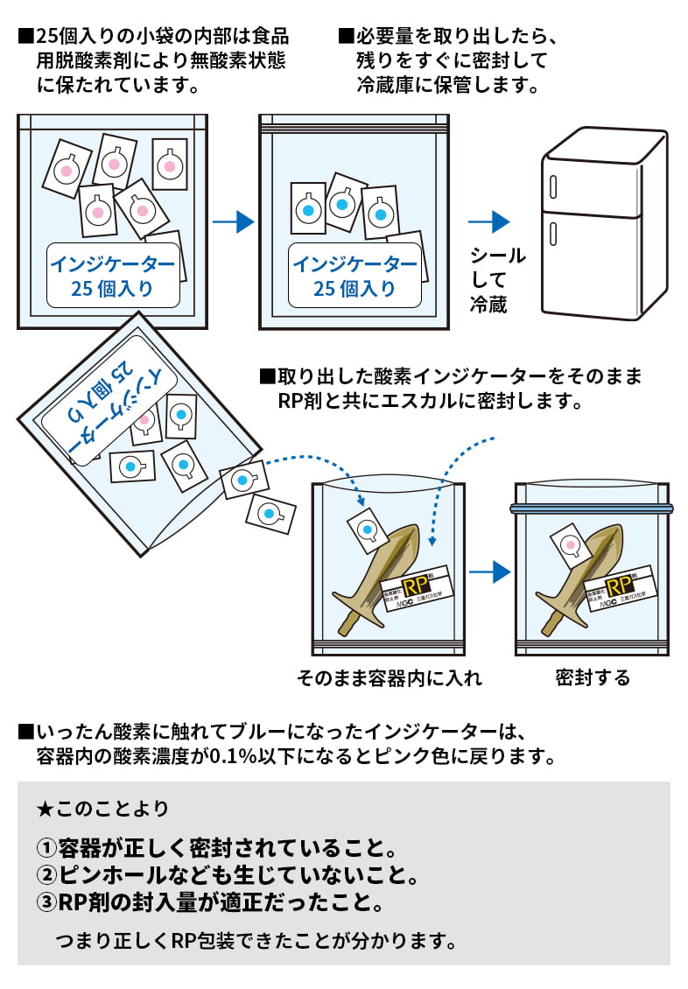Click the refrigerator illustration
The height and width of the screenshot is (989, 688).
(605, 228)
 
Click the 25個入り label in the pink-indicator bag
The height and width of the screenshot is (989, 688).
(111, 275)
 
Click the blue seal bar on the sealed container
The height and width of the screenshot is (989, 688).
(592, 509)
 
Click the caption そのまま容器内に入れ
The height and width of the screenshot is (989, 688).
(390, 678)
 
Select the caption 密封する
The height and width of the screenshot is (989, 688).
(592, 678)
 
